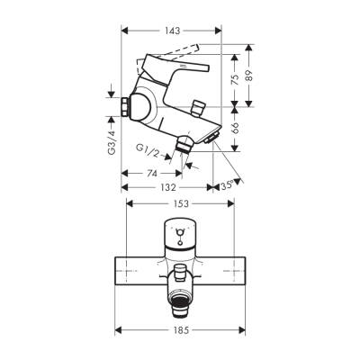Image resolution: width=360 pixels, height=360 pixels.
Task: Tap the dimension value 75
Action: pos(233,78)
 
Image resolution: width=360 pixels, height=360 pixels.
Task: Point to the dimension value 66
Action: pos(233,127)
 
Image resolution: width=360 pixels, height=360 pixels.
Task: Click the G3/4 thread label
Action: pos(112,140)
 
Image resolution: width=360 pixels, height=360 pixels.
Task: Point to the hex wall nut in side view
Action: pos(124,111)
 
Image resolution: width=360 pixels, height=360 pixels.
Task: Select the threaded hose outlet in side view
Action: pos(184,142)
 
